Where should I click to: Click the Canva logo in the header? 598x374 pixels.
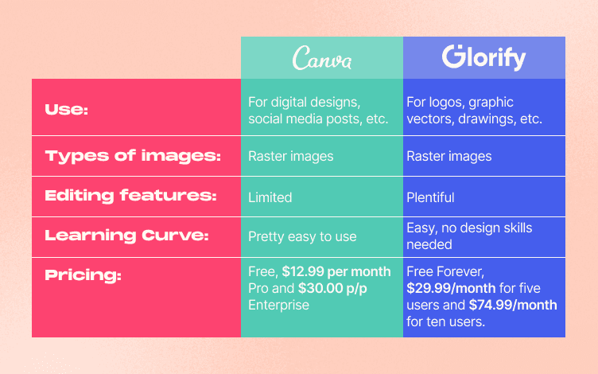coord(321,57)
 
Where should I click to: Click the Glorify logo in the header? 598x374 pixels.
coord(484,57)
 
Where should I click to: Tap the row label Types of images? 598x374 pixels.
coord(133,156)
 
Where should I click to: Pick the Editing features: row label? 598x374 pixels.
coord(131,197)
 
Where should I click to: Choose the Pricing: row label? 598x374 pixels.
coord(83,275)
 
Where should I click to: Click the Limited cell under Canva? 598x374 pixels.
coord(270,197)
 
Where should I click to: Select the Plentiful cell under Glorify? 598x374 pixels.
coord(431,197)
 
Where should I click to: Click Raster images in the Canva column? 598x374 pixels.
coord(290,156)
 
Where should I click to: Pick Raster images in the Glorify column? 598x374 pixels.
coord(449,156)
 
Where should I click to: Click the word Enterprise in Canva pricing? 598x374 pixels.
coord(278,304)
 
